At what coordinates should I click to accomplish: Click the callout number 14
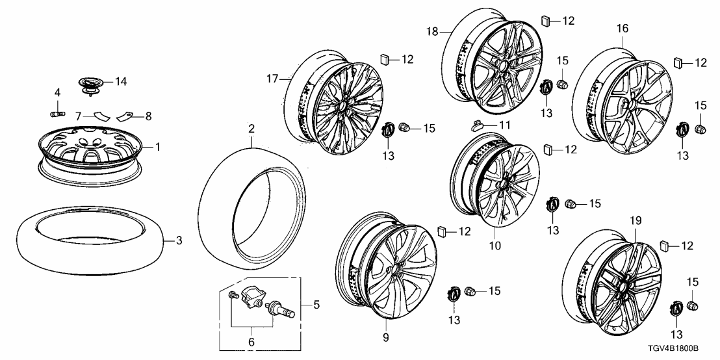pyautogui.click(x=120, y=81)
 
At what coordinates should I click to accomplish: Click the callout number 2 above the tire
pyautogui.click(x=250, y=129)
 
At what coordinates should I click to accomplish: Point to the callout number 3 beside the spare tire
pyautogui.click(x=179, y=240)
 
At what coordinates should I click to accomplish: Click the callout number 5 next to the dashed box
pyautogui.click(x=317, y=303)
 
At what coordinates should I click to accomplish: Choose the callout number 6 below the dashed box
pyautogui.click(x=251, y=341)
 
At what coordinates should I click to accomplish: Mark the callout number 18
pyautogui.click(x=431, y=31)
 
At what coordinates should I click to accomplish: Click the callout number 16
pyautogui.click(x=622, y=29)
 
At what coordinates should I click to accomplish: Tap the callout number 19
pyautogui.click(x=634, y=222)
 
